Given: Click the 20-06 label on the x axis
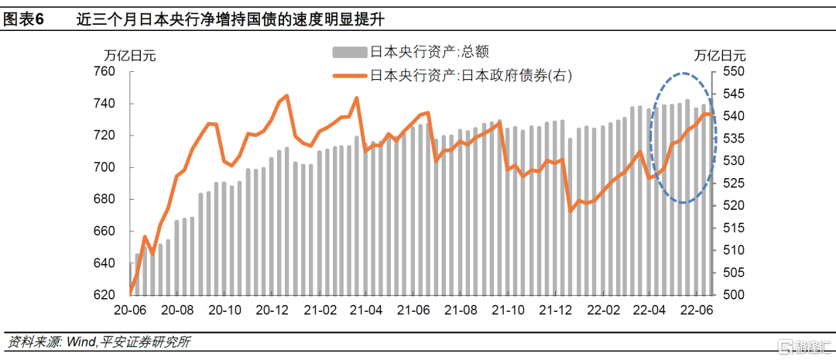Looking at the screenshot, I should (131, 310).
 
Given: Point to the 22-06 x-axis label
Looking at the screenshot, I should (695, 310).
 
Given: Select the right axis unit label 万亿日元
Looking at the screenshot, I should (720, 56).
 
